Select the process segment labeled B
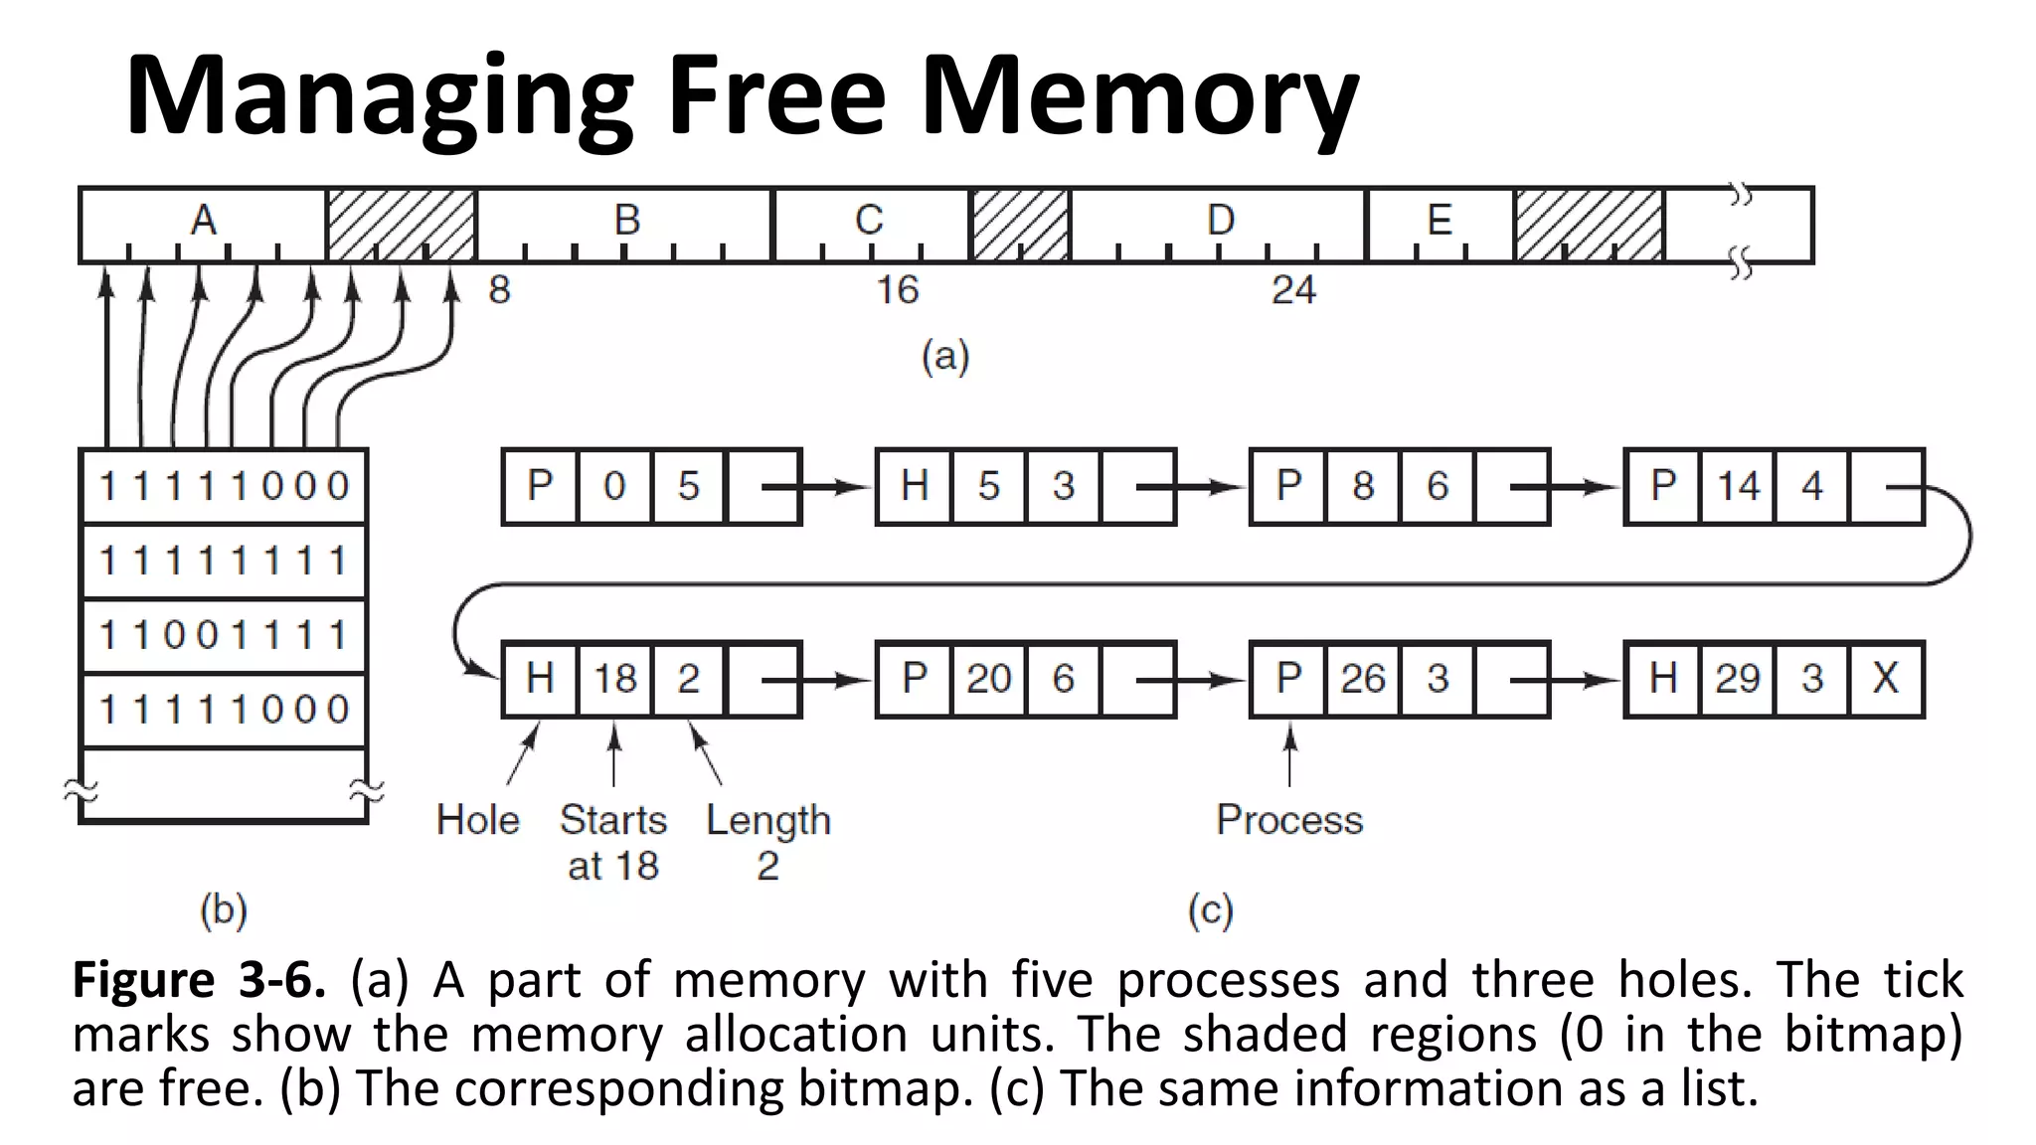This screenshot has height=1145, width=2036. coord(625,225)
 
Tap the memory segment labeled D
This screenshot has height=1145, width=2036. coord(1219,225)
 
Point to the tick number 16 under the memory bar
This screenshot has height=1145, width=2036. coord(897,290)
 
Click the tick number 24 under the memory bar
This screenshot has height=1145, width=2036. coord(1292,290)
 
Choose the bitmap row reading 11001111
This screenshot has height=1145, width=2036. coord(224,635)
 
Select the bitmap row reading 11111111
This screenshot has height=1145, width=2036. coord(224,561)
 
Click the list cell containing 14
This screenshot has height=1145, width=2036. coord(1737,486)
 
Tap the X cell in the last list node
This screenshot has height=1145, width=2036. coord(1886,679)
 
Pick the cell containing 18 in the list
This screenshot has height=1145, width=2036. coord(614,679)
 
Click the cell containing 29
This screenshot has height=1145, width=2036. coord(1737,679)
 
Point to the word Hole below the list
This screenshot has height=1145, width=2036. coord(477,820)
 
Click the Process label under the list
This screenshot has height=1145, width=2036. coord(1289,820)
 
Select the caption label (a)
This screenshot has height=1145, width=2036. coord(944,356)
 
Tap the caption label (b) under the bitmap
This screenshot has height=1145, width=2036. coord(224,909)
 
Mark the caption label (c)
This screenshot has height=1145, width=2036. coord(1210,909)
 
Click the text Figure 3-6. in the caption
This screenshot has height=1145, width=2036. coord(199,980)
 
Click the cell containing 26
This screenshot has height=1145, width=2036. coord(1363,679)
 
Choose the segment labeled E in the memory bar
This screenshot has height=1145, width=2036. coord(1440,225)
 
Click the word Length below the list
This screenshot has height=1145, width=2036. coord(767,821)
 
